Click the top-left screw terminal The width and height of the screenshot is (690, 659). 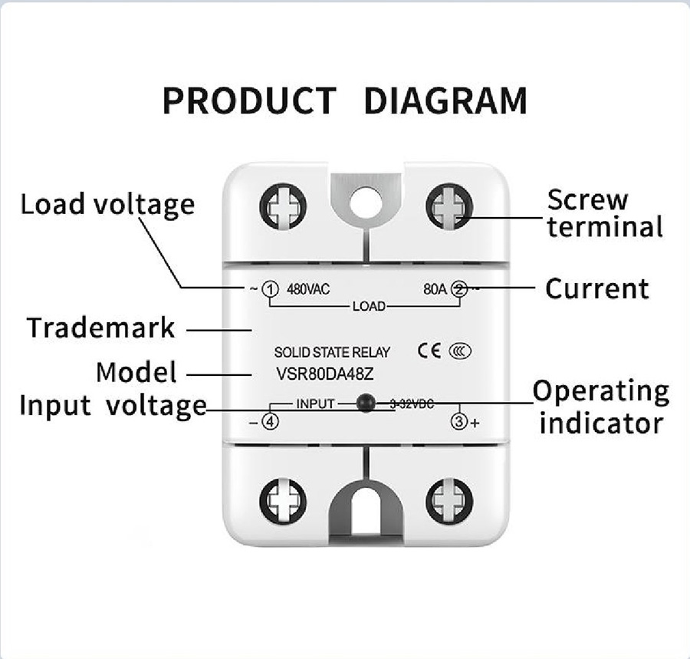click(x=283, y=206)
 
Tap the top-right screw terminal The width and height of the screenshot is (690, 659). click(x=450, y=206)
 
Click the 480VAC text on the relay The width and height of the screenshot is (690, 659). click(x=307, y=290)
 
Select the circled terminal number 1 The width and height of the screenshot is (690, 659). click(x=269, y=289)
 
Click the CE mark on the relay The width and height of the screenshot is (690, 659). click(x=429, y=351)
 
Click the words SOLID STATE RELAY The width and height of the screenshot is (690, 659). click(x=332, y=353)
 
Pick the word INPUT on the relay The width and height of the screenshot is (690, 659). click(x=315, y=404)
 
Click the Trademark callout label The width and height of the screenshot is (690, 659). click(x=101, y=328)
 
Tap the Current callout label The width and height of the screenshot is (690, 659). click(x=596, y=288)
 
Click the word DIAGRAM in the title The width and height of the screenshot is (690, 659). click(x=445, y=101)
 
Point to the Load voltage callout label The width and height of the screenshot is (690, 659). click(x=107, y=205)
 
